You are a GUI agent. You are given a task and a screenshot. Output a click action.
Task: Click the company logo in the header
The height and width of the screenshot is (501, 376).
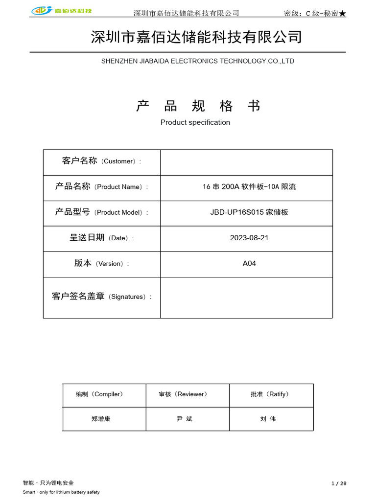click(x=62, y=11)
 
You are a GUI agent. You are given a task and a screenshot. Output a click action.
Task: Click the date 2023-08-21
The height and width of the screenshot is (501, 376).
click(x=249, y=238)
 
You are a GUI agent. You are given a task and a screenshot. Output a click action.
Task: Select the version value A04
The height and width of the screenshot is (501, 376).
click(x=249, y=263)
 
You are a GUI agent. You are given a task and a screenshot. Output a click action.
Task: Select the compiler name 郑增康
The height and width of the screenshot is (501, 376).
click(x=101, y=419)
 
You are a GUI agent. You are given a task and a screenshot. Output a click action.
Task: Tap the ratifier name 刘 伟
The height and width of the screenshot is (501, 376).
click(x=268, y=419)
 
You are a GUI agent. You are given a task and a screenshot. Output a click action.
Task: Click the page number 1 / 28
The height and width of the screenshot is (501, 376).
click(x=339, y=483)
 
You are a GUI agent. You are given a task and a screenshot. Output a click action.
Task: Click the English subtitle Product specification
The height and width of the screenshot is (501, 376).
click(x=195, y=122)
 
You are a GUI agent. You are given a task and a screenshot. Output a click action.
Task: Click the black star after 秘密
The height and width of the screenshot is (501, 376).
click(x=342, y=13)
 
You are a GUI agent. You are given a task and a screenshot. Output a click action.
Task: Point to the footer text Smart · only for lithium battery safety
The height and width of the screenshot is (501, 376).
click(x=61, y=492)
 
